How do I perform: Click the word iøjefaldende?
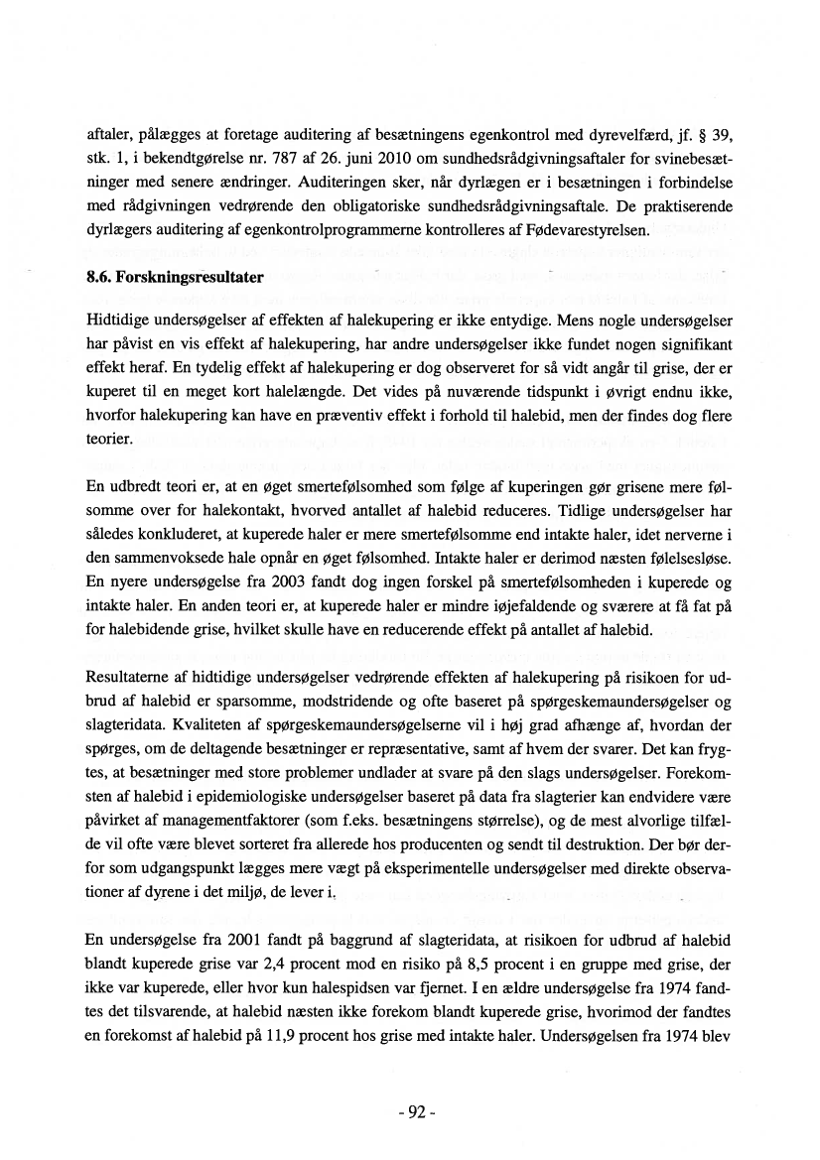click(500, 606)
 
